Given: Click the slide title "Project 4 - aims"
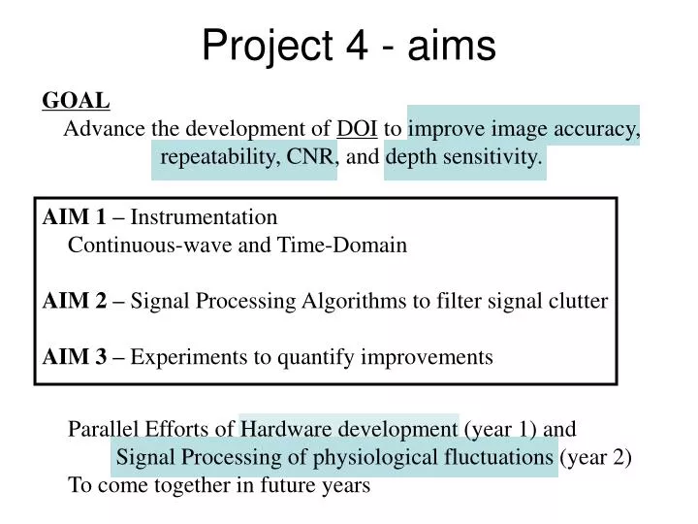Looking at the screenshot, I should pyautogui.click(x=349, y=45).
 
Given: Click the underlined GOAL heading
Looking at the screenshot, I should pyautogui.click(x=76, y=100).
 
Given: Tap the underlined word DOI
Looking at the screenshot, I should pyautogui.click(x=357, y=129).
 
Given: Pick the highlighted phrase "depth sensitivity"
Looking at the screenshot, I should pyautogui.click(x=464, y=157).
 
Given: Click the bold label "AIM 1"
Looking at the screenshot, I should pyautogui.click(x=74, y=217).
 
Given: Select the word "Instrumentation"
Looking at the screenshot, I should pyautogui.click(x=204, y=217).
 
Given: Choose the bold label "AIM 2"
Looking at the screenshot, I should pyautogui.click(x=75, y=301).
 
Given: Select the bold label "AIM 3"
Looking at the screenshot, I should pyautogui.click(x=75, y=357).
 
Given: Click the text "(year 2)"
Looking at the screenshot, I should pyautogui.click(x=597, y=457).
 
